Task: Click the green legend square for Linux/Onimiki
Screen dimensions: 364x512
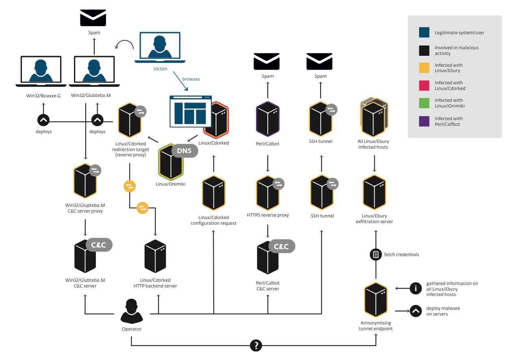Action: point(424,103)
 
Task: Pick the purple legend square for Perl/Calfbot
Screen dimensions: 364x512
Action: point(424,120)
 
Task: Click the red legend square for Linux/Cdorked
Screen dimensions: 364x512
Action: point(424,85)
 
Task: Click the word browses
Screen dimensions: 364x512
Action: point(191,79)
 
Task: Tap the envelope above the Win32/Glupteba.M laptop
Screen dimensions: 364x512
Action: point(93,18)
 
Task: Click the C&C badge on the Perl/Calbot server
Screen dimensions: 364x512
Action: point(282,246)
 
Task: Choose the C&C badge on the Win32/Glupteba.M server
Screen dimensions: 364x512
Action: point(99,245)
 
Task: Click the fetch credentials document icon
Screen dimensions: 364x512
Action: point(375,255)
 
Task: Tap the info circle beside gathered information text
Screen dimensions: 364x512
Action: point(415,288)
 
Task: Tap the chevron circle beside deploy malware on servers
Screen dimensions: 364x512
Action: point(415,311)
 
